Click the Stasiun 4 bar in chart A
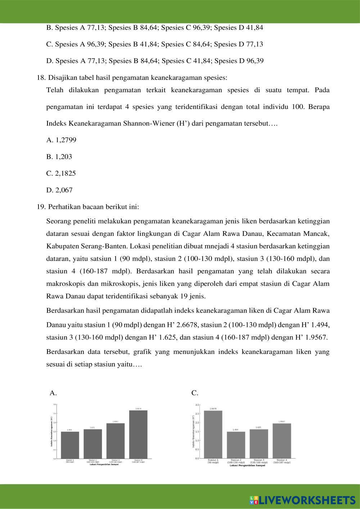pyautogui.click(x=138, y=434)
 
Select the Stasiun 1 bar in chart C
pyautogui.click(x=213, y=434)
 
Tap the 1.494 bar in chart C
pyautogui.click(x=236, y=445)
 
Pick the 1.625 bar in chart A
pyautogui.click(x=93, y=444)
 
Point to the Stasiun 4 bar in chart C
pyautogui.click(x=282, y=441)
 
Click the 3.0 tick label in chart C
pyautogui.click(x=197, y=405)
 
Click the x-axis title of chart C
pyautogui.click(x=247, y=465)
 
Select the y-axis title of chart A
pyautogui.click(x=52, y=432)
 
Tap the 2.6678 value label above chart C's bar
pyautogui.click(x=213, y=409)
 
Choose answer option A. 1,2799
pyautogui.click(x=61, y=140)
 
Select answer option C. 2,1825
pyautogui.click(x=61, y=174)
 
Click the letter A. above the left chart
pyautogui.click(x=53, y=393)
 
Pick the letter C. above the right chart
pyautogui.click(x=195, y=393)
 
